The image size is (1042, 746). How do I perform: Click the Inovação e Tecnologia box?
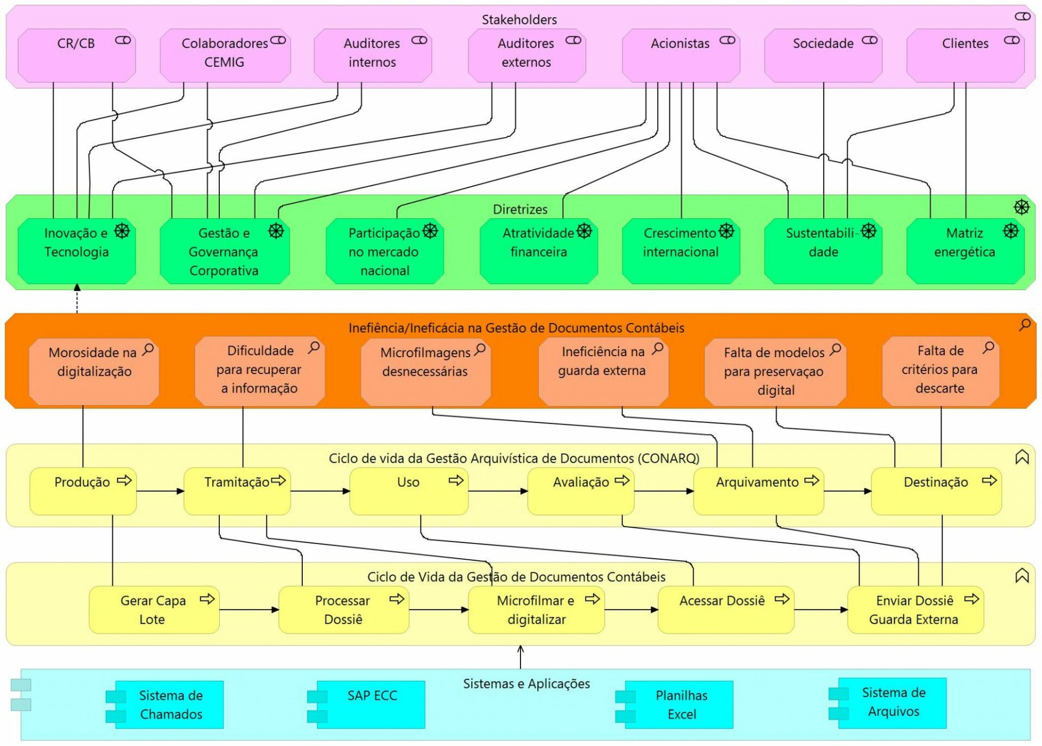tap(77, 251)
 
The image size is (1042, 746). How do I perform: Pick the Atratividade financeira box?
tap(538, 251)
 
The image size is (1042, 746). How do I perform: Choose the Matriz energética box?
tap(965, 251)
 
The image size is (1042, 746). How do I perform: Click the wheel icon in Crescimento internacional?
tap(726, 231)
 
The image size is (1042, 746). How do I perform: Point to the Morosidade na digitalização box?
tap(94, 372)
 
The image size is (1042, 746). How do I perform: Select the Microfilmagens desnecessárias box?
tap(425, 372)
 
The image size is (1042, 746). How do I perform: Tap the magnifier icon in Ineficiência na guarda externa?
tap(658, 347)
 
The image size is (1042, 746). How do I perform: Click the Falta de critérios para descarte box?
tap(941, 372)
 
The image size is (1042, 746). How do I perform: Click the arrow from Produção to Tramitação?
tap(160, 491)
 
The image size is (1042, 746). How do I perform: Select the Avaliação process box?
tap(580, 491)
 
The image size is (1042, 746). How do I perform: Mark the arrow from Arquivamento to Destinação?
tap(847, 491)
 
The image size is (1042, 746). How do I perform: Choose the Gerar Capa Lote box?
tap(154, 610)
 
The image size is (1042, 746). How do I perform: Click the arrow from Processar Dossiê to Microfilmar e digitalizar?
tap(439, 610)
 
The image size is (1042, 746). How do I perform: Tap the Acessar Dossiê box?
tap(726, 610)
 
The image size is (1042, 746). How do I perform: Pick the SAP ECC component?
tap(372, 704)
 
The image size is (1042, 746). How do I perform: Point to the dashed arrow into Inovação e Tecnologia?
tap(77, 300)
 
